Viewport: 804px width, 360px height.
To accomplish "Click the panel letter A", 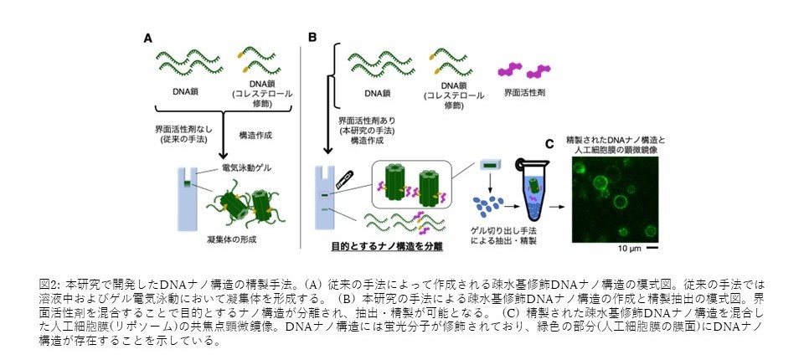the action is [147, 39].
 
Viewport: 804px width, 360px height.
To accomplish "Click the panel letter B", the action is [312, 38].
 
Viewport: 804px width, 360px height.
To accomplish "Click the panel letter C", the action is [549, 144].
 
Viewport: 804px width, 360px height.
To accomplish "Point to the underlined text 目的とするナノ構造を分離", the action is [387, 247].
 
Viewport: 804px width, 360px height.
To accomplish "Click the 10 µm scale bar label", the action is [626, 249].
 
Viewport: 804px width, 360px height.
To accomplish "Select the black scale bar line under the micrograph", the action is [652, 249].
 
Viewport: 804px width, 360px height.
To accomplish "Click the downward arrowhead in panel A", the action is [223, 154].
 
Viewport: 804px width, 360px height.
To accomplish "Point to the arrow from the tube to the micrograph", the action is [558, 206].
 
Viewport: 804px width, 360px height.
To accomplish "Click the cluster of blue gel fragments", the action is [487, 204].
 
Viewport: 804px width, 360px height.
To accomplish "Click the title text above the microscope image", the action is [614, 145].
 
